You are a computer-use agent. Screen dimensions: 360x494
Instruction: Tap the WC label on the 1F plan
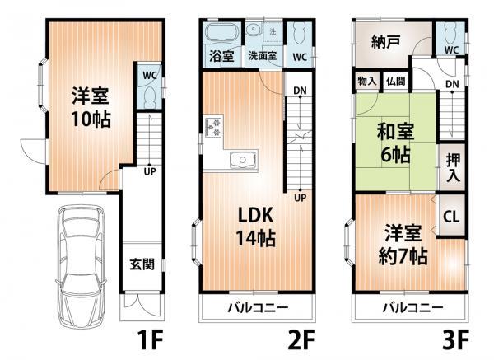149,74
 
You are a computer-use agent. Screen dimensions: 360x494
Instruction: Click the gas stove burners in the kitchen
212,128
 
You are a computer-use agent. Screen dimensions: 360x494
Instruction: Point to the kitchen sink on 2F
242,160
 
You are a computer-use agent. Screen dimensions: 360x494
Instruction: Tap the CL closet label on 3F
452,217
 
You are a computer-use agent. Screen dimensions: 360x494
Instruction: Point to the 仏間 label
395,81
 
